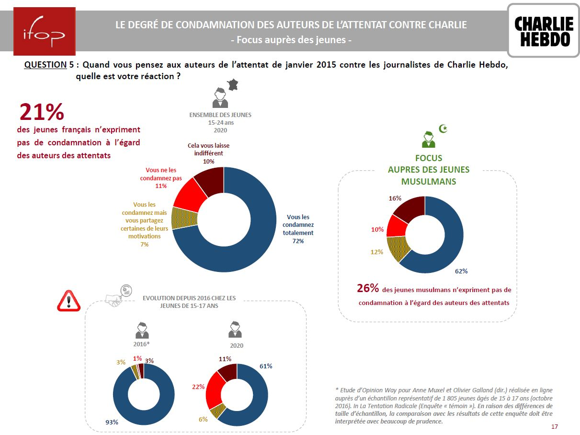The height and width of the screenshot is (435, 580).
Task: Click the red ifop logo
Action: (x=45, y=31)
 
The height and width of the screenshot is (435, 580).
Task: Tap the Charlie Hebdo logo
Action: (x=543, y=31)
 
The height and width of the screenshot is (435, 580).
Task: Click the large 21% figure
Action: (x=42, y=112)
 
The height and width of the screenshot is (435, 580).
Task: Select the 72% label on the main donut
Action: (x=298, y=241)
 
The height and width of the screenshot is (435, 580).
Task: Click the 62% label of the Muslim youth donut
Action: (x=461, y=271)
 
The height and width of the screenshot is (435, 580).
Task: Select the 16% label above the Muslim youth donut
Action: (x=395, y=198)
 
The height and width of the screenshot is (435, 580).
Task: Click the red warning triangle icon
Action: (x=68, y=301)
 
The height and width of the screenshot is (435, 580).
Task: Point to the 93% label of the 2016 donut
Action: (x=112, y=422)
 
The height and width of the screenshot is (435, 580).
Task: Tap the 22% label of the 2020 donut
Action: (x=199, y=387)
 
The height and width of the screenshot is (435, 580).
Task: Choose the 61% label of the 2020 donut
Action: (x=266, y=366)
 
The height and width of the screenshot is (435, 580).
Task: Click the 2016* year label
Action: (x=141, y=344)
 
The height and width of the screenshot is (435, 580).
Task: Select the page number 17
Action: (x=555, y=426)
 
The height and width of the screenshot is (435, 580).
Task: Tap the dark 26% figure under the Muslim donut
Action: (x=368, y=288)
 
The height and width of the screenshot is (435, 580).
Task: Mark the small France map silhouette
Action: (x=232, y=85)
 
